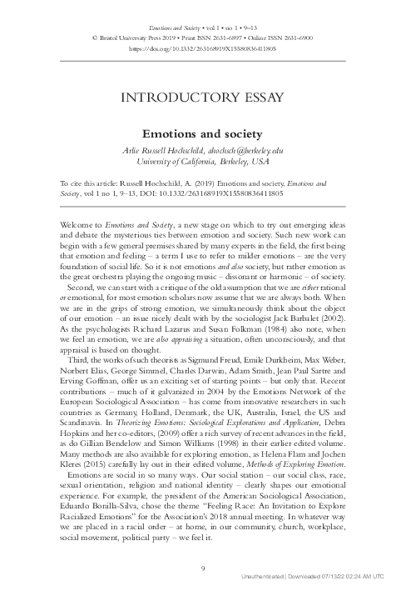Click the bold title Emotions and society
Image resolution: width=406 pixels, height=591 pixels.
click(203, 133)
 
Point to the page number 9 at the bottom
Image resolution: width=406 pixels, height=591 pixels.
click(203, 568)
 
